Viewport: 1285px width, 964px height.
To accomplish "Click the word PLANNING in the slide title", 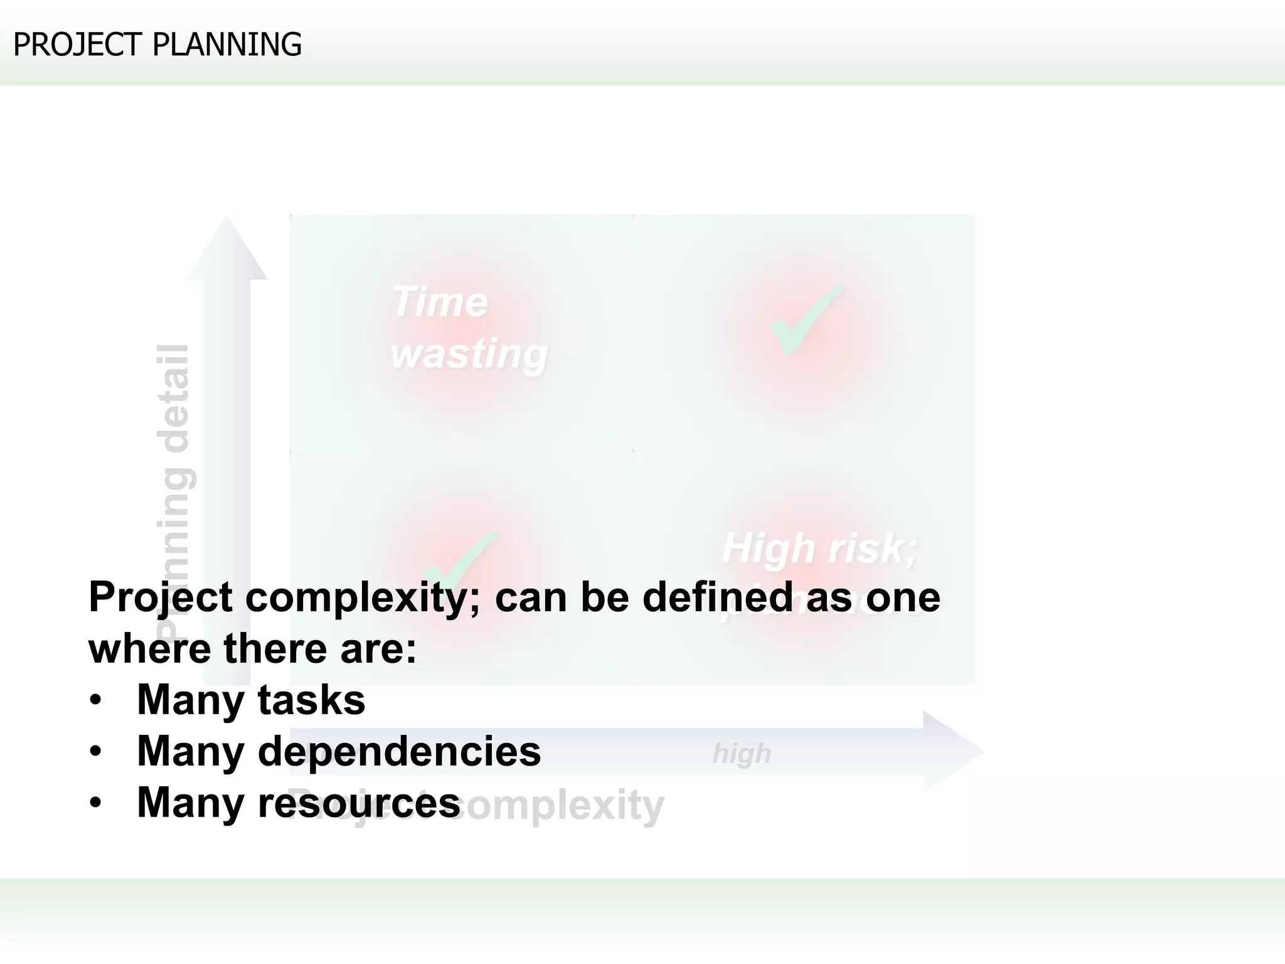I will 227,45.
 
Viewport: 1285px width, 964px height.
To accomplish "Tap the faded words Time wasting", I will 468,328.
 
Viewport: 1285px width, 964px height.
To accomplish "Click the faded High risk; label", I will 819,548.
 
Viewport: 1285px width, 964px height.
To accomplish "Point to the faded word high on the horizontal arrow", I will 742,753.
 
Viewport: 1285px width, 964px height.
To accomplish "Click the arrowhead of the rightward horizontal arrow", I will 952,751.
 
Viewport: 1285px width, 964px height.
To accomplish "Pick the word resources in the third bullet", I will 359,803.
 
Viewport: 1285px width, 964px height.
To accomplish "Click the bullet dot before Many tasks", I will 95,701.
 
